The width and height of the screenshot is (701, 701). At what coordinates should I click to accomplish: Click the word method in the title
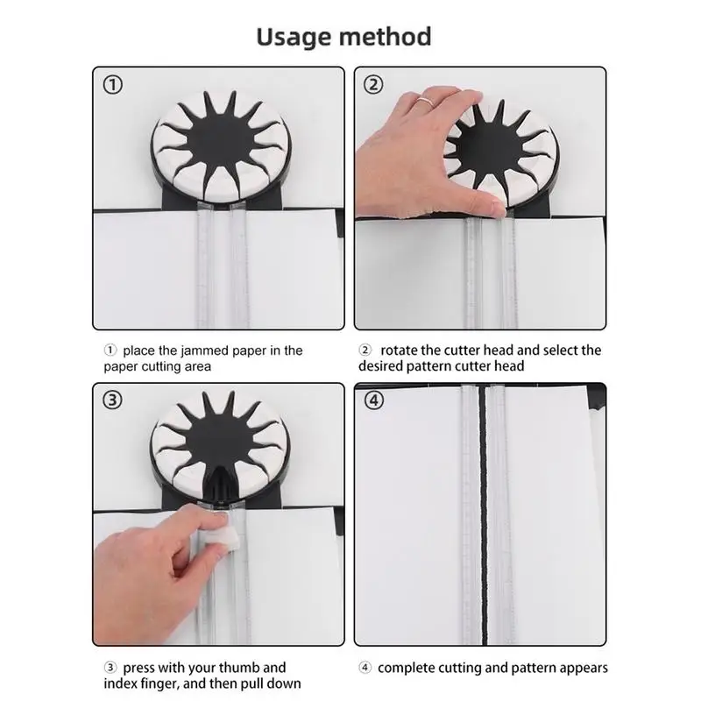click(x=389, y=37)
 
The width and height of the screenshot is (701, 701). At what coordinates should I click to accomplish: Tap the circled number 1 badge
click(x=115, y=85)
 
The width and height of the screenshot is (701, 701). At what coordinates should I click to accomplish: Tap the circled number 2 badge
click(x=375, y=85)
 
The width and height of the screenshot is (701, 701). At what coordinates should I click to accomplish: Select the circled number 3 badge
click(x=115, y=401)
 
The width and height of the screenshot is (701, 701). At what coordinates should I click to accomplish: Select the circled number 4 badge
click(x=375, y=401)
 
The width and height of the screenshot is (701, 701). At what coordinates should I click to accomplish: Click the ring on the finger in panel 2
click(x=423, y=102)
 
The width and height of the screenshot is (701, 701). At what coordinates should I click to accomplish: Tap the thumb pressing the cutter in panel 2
click(x=491, y=207)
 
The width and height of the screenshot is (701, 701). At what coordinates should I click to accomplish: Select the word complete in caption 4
click(x=410, y=668)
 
